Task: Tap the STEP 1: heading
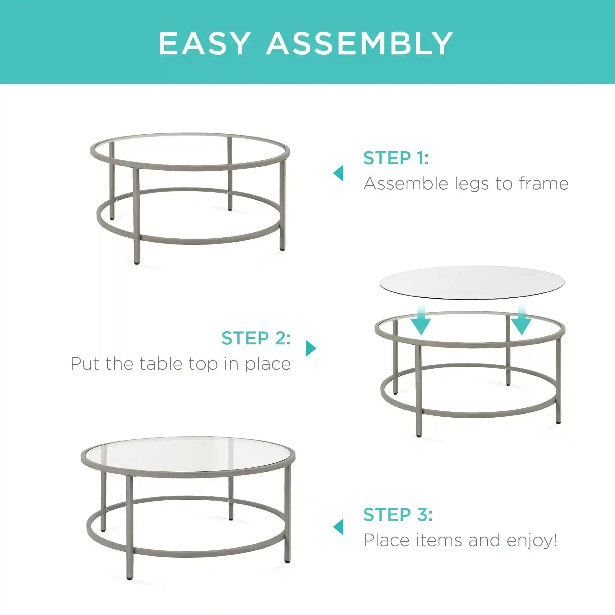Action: pyautogui.click(x=396, y=158)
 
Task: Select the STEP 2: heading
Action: pyautogui.click(x=256, y=338)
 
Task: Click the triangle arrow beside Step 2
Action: pyautogui.click(x=311, y=348)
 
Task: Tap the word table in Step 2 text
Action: pyautogui.click(x=161, y=363)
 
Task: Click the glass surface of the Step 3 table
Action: pyautogui.click(x=188, y=454)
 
